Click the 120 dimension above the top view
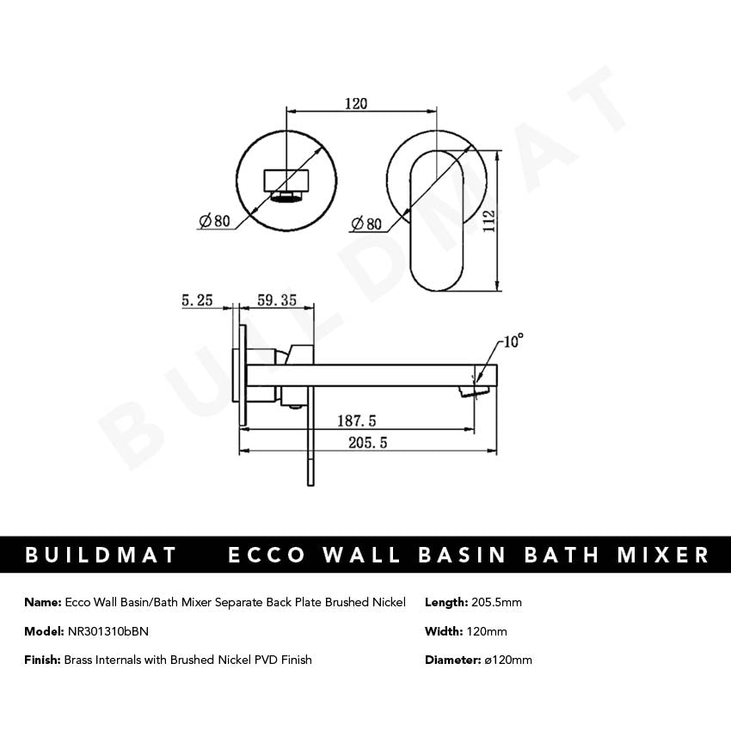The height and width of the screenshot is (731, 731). pyautogui.click(x=355, y=103)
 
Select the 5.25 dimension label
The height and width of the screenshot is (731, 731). pyautogui.click(x=197, y=300)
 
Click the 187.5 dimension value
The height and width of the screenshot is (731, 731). pyautogui.click(x=355, y=421)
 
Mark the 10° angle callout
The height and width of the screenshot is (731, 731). pyautogui.click(x=513, y=341)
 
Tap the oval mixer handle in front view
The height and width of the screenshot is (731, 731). pyautogui.click(x=438, y=220)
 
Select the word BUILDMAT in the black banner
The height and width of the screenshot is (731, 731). pyautogui.click(x=101, y=555)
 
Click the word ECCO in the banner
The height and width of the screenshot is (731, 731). pyautogui.click(x=267, y=555)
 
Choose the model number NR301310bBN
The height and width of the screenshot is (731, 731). pyautogui.click(x=107, y=631)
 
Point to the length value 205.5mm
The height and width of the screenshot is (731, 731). pyautogui.click(x=497, y=602)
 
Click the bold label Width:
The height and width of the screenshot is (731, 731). pyautogui.click(x=444, y=631)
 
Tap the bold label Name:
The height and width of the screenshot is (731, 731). pyautogui.click(x=43, y=602)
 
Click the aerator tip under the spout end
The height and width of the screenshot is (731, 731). pyautogui.click(x=470, y=392)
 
